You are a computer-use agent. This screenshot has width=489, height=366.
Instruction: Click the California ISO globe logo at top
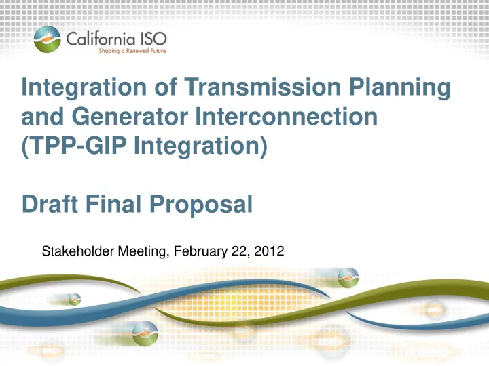48,39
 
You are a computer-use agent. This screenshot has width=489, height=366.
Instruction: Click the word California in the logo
101,39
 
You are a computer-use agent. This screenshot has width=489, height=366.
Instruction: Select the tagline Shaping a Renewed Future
132,51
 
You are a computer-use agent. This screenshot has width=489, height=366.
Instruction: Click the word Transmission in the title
262,87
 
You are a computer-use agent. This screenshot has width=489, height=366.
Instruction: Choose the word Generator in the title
130,117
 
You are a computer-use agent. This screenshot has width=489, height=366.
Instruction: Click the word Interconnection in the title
287,117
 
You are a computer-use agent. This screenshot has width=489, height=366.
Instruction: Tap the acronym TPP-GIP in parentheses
74,146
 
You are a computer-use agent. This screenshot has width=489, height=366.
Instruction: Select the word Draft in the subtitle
50,204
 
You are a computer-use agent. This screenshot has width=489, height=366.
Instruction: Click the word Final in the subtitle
113,204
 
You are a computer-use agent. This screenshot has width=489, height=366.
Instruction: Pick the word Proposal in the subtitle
201,206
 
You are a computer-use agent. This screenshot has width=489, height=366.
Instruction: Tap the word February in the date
200,251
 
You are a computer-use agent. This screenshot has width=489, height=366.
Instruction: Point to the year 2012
269,251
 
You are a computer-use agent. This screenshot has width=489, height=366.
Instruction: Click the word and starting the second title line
42,117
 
